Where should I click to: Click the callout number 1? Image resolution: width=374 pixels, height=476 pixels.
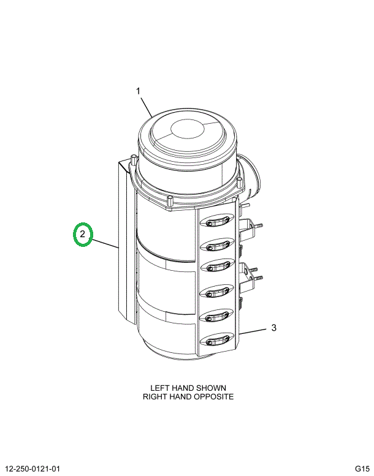[x=138, y=91]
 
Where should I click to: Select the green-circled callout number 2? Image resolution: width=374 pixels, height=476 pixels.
[x=82, y=234]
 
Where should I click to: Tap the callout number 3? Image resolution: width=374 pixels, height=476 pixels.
[x=273, y=328]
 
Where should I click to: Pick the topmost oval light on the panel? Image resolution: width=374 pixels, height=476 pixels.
[x=217, y=222]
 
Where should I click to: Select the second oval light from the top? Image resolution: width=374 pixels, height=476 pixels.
[x=217, y=244]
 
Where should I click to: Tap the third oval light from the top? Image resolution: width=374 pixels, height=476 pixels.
[x=217, y=266]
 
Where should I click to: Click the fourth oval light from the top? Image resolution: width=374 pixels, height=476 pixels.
[x=217, y=292]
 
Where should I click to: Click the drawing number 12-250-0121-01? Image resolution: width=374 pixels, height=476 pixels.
[x=33, y=469]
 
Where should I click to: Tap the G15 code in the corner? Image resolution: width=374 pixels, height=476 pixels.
[x=362, y=469]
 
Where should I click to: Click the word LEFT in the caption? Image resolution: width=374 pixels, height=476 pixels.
[x=160, y=388]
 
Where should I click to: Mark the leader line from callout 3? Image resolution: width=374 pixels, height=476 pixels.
[x=253, y=331]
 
